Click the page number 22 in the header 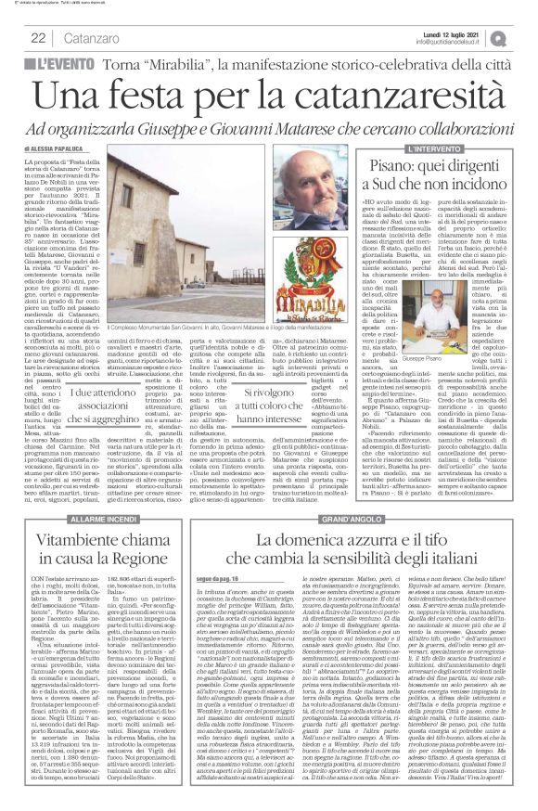[38, 37]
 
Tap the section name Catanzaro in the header [95, 37]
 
